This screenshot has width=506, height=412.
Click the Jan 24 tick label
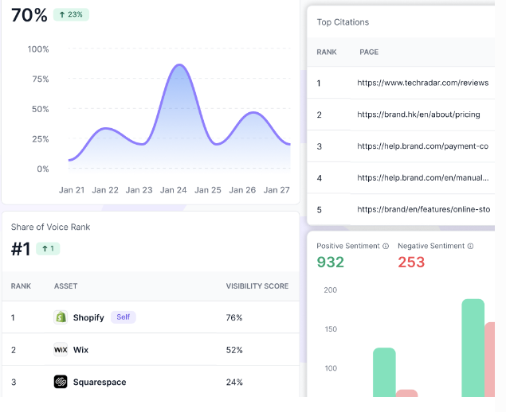click(x=173, y=190)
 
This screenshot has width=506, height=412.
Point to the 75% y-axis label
click(x=37, y=80)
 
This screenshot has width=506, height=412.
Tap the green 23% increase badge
click(x=71, y=14)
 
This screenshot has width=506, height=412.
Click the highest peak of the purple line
click(x=179, y=65)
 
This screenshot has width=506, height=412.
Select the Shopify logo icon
click(x=61, y=317)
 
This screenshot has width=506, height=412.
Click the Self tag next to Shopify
click(x=123, y=317)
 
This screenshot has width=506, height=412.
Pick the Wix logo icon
click(x=61, y=349)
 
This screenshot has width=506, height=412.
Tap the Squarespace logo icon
click(x=61, y=382)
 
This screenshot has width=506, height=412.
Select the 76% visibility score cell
click(x=234, y=317)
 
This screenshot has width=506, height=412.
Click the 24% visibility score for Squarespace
click(x=234, y=382)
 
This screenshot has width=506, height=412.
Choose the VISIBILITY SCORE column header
click(x=257, y=286)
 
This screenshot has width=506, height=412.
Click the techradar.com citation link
click(x=422, y=83)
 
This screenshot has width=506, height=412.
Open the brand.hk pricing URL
click(x=418, y=115)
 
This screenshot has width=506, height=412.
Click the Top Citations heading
click(x=343, y=22)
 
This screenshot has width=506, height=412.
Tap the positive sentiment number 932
click(x=331, y=262)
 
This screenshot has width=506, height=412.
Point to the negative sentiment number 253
click(x=411, y=262)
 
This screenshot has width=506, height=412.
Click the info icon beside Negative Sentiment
click(x=470, y=246)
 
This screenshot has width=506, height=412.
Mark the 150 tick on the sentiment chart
click(x=329, y=329)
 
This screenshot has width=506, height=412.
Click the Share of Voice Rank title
click(x=50, y=227)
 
